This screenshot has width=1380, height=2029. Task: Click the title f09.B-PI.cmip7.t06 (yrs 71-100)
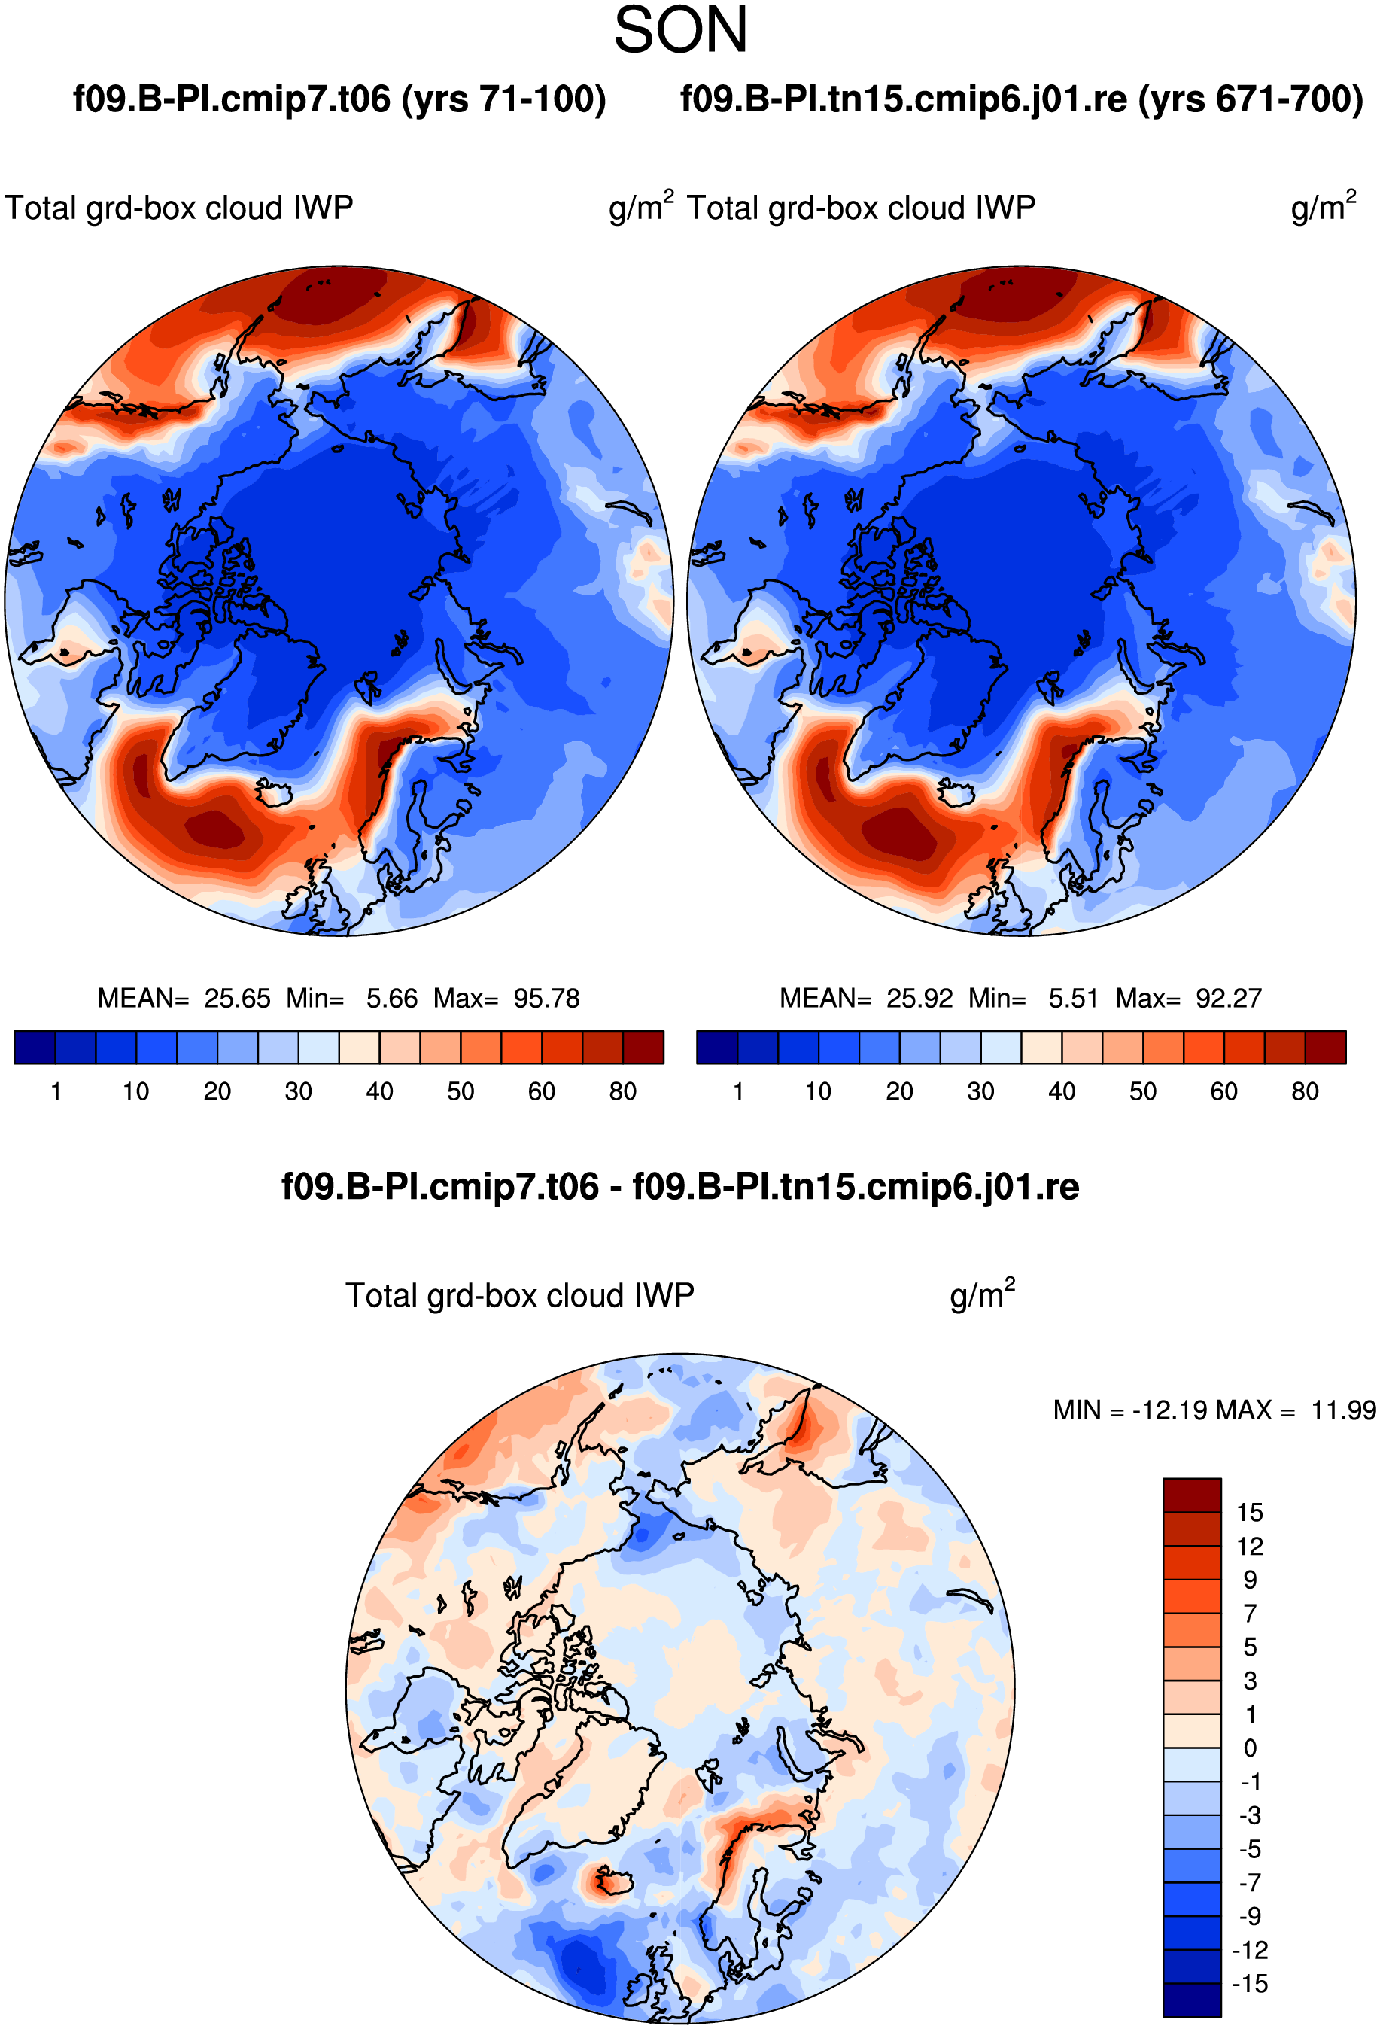[339, 99]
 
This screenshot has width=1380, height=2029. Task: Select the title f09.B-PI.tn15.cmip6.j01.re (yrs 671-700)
[1021, 99]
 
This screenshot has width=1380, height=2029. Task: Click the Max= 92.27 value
[1189, 998]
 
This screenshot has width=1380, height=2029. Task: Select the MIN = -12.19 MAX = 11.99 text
[1214, 1410]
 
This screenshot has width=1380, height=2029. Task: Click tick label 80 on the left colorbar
[622, 1091]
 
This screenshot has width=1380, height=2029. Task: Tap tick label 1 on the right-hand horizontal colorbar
[738, 1091]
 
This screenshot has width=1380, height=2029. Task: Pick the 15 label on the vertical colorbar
[1249, 1512]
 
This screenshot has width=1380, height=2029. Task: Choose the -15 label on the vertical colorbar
[1250, 1984]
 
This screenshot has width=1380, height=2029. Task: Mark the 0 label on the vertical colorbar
[1250, 1748]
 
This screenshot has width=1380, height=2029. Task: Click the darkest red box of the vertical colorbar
[1191, 1495]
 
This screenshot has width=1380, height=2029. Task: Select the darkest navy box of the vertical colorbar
[1191, 2000]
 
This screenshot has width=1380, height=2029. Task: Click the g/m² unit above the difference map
[982, 1294]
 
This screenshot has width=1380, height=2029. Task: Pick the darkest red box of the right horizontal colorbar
[1326, 1047]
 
